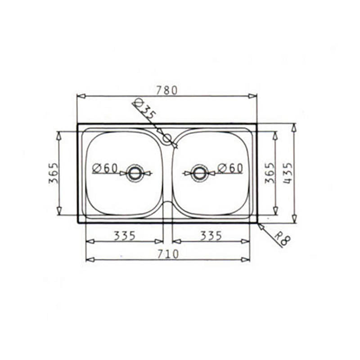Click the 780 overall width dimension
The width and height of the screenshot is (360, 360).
(167, 90)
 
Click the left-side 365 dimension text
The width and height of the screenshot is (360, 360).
(53, 173)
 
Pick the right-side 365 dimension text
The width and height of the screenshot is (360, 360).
(269, 173)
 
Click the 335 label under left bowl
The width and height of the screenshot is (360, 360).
(125, 235)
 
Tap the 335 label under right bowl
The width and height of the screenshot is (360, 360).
(211, 235)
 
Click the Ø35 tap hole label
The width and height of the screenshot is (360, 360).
(145, 109)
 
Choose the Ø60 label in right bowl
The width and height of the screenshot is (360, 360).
(230, 168)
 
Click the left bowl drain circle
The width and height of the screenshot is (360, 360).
(134, 173)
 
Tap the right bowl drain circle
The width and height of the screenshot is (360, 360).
(199, 173)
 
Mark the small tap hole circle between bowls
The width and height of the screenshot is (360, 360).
(167, 138)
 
